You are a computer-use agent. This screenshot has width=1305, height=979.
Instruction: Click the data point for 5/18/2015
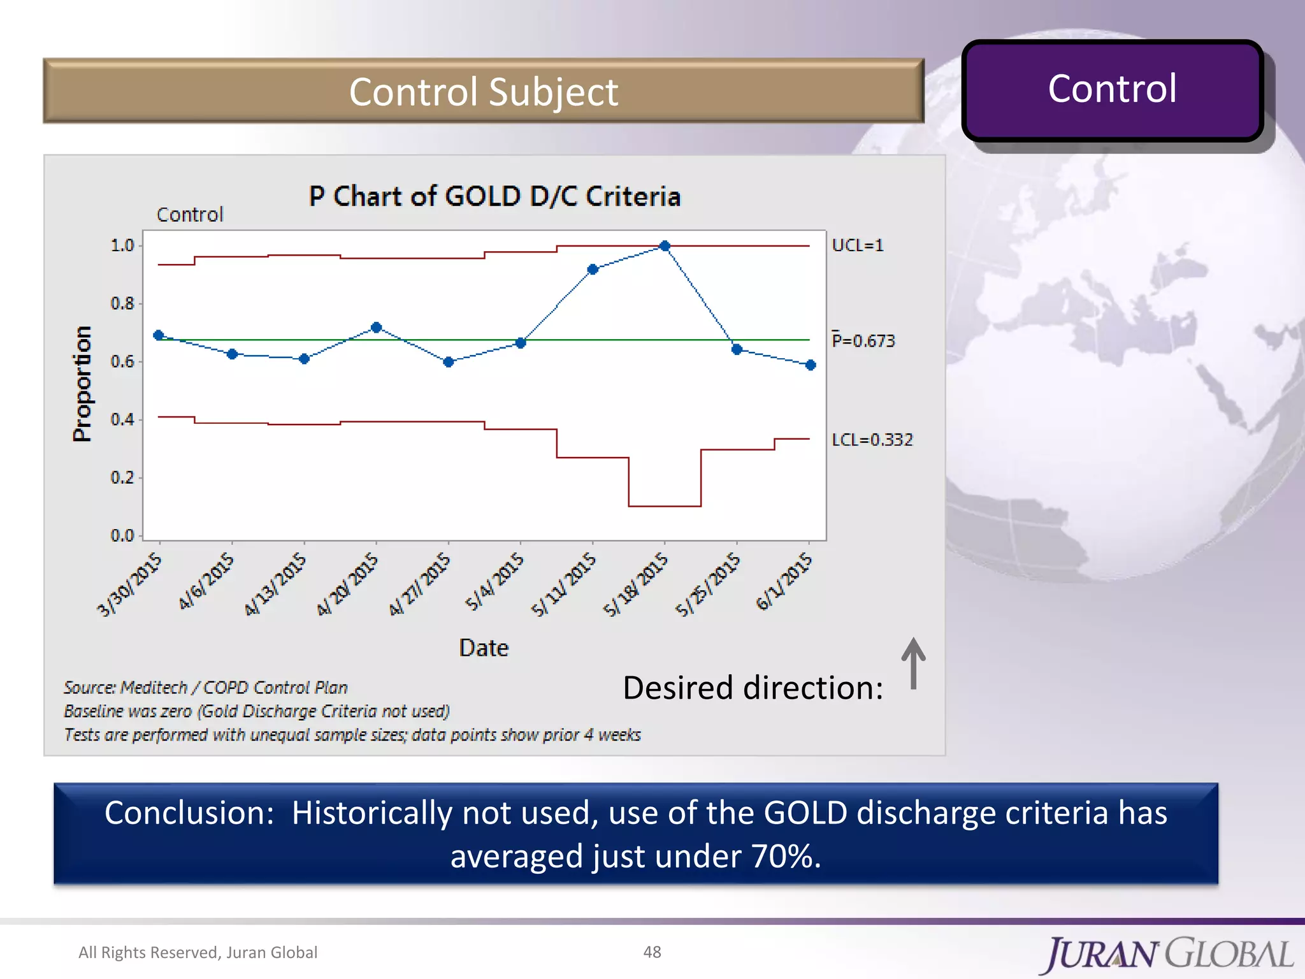click(x=665, y=246)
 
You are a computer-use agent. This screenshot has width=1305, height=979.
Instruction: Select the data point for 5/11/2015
click(x=593, y=270)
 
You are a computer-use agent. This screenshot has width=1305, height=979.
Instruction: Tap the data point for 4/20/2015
click(x=376, y=328)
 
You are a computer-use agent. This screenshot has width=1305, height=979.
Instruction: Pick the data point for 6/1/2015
click(x=811, y=365)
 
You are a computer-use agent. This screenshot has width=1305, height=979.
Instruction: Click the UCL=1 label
click(x=858, y=245)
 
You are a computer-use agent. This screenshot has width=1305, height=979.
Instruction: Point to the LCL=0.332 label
click(x=872, y=440)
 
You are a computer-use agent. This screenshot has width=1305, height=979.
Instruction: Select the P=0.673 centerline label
click(x=863, y=341)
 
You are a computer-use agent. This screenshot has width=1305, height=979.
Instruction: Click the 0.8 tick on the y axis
click(x=122, y=303)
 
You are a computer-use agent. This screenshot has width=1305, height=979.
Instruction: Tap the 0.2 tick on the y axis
click(x=122, y=477)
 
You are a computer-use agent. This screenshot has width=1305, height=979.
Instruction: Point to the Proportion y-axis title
click(x=82, y=384)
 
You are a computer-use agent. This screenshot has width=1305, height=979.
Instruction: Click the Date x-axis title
click(x=484, y=648)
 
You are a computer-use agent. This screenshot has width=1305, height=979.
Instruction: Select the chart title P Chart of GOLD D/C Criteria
click(x=494, y=196)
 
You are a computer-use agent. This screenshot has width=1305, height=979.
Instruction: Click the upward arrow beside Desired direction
click(x=913, y=663)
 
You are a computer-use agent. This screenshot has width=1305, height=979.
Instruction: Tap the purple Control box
click(x=1112, y=89)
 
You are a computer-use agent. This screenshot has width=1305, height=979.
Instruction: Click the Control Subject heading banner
click(x=483, y=92)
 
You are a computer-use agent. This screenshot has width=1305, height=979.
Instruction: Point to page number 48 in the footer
click(x=652, y=952)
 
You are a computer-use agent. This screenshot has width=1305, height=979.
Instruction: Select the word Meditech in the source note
click(x=154, y=688)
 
